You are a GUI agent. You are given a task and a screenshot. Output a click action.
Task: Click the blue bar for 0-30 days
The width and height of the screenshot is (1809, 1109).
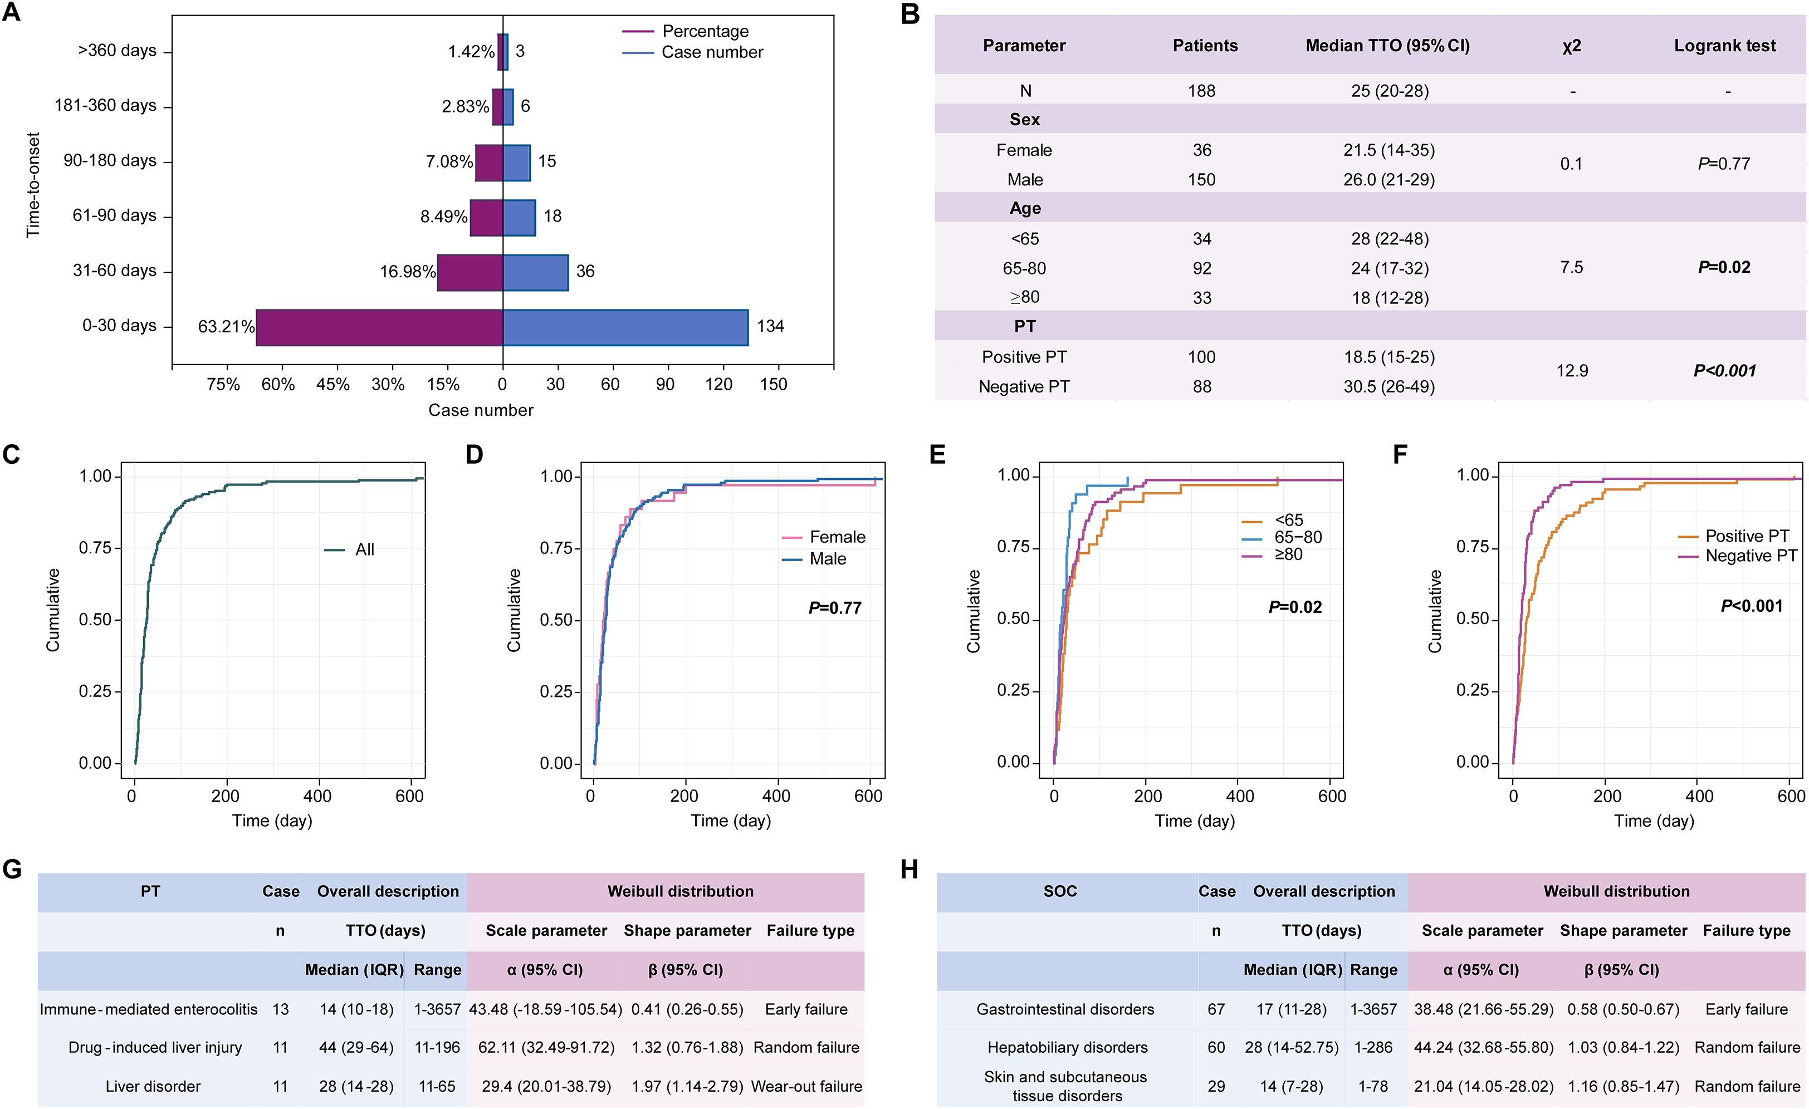point(625,327)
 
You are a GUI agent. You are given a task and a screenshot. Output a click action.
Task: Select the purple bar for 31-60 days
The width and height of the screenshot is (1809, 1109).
point(470,272)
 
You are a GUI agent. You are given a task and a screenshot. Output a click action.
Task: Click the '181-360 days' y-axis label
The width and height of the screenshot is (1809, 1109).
point(106,106)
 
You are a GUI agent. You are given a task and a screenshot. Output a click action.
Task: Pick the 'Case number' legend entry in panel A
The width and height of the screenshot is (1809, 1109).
point(711,52)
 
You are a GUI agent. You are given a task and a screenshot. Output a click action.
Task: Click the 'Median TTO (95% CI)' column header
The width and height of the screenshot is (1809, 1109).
point(1387,46)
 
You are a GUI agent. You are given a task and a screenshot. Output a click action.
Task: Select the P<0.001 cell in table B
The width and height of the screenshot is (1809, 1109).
point(1724,371)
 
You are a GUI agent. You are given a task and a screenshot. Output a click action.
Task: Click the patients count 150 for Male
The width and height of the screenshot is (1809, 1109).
point(1201,180)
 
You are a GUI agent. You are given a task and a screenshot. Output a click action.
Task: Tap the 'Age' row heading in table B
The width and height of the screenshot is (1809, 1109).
point(1024,208)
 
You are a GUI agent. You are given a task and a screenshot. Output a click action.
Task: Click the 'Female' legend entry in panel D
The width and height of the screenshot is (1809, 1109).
point(837,537)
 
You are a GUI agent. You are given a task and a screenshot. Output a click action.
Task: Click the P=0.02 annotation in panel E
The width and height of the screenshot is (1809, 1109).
point(1295,607)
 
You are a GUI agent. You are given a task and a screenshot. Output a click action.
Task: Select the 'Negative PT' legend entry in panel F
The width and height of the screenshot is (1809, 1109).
point(1751,556)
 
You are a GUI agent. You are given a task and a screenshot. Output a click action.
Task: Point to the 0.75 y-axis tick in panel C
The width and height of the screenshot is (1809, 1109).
point(95,548)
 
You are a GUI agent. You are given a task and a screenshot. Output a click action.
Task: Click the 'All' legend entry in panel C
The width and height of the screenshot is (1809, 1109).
point(364,549)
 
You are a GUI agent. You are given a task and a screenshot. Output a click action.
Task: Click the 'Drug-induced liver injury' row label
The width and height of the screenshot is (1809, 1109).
point(155,1047)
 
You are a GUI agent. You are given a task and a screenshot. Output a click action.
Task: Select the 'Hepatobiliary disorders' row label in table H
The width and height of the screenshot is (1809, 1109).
point(1067,1047)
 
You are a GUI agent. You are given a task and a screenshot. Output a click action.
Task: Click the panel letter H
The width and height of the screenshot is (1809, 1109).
point(909,870)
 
